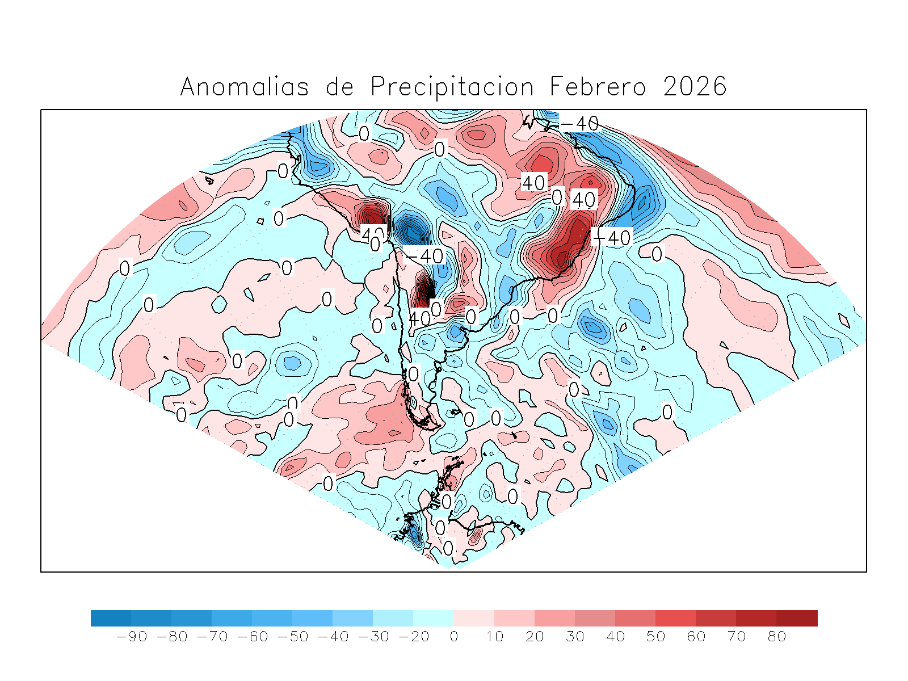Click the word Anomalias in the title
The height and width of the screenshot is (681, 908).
(244, 87)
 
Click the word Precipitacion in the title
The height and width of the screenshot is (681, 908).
(452, 87)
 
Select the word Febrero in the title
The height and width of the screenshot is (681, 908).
(598, 87)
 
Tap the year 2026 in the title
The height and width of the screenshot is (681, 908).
(695, 87)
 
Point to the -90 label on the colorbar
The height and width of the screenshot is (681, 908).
(132, 637)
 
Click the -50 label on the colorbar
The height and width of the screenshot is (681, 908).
(293, 637)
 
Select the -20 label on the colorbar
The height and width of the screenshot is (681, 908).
(414, 637)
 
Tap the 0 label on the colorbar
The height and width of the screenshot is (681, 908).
(453, 637)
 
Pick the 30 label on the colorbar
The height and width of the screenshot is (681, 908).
(575, 637)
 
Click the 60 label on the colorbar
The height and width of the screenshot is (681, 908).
(696, 637)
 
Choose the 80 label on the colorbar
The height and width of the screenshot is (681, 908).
(777, 637)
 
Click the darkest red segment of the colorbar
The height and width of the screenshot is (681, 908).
(797, 618)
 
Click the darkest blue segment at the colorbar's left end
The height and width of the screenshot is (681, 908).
(111, 618)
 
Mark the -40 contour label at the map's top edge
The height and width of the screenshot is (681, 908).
(579, 123)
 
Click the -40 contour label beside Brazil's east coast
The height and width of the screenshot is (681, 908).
(611, 237)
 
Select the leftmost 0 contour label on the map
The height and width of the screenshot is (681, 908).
(125, 268)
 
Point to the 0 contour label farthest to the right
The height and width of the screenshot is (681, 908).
(667, 411)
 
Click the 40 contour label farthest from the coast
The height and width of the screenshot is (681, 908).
(533, 183)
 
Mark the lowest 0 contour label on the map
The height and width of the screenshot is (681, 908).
(448, 548)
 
